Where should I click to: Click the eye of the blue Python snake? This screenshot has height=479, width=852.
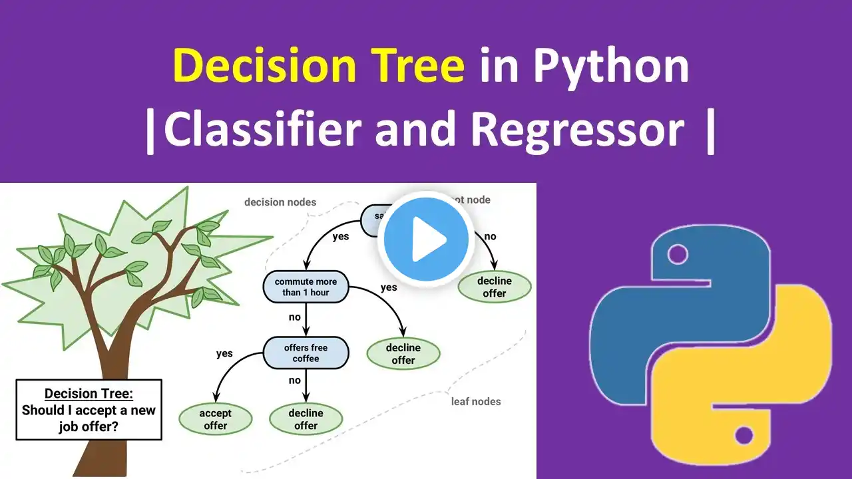pos(678,253)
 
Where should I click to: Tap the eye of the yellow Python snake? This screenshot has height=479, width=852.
pos(743,436)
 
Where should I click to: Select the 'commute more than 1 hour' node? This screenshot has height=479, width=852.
pos(306,287)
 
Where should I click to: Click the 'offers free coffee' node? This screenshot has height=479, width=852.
pos(306,353)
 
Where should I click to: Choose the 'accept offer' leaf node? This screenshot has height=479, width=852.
pos(215,419)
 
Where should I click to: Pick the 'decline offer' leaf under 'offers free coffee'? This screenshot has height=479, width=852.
pos(306,419)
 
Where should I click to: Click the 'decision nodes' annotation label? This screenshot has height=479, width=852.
pos(280,202)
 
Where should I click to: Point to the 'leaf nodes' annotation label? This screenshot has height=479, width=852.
pos(476,401)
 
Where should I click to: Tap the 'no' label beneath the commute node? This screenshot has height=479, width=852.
pos(295,317)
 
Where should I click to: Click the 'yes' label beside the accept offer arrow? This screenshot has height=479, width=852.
pos(224,353)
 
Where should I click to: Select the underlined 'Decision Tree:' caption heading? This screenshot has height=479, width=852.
pos(89,393)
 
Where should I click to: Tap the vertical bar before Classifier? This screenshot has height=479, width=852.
pos(151,130)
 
